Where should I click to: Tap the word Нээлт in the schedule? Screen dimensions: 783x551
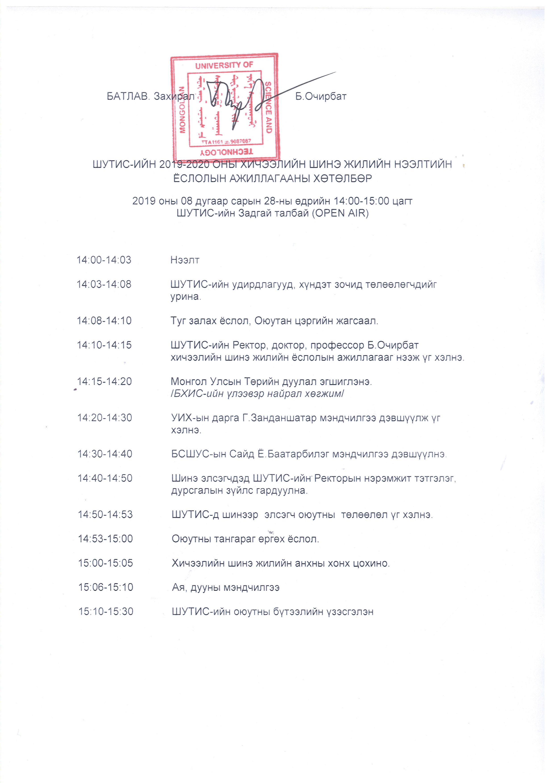(x=185, y=260)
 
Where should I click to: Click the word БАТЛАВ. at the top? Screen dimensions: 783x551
(x=128, y=96)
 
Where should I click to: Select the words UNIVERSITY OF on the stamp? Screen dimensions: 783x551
(x=224, y=65)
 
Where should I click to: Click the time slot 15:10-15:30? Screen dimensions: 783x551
(x=106, y=612)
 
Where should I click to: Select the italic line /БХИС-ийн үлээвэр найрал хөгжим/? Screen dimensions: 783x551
(x=258, y=394)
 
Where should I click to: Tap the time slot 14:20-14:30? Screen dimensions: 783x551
(x=105, y=418)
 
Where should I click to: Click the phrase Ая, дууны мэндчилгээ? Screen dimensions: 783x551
(x=226, y=587)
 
